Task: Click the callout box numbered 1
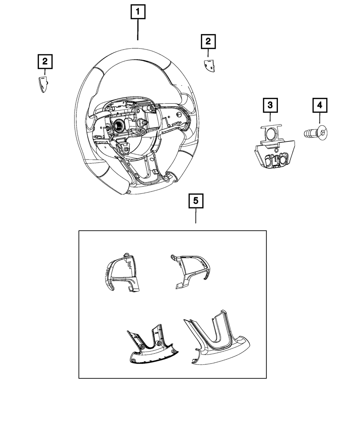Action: pyautogui.click(x=138, y=13)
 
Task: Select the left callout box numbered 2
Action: pyautogui.click(x=45, y=62)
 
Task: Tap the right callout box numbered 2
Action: pyautogui.click(x=208, y=42)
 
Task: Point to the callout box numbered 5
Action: pyautogui.click(x=196, y=201)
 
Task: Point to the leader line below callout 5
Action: pyautogui.click(x=196, y=216)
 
